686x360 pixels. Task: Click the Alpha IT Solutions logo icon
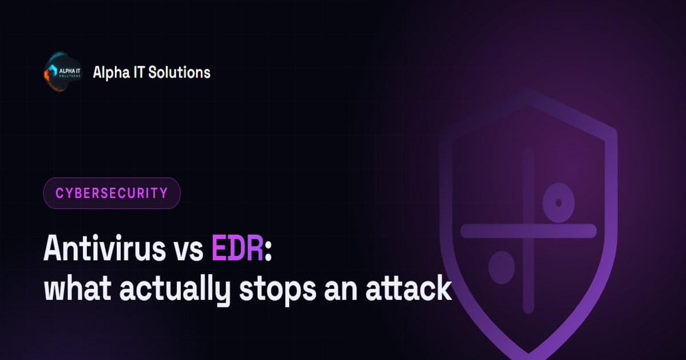pos(63,71)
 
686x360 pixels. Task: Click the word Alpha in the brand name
pos(107,73)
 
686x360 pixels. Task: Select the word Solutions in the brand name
pos(180,72)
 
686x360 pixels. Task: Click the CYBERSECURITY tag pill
pos(112,193)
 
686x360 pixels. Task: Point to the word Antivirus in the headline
pos(105,248)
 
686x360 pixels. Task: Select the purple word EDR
pos(237,248)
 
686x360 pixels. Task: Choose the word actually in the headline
pos(174,290)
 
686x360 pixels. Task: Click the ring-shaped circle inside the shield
pos(559,190)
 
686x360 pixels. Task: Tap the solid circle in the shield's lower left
pos(501,267)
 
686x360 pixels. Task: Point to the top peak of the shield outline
pos(528,97)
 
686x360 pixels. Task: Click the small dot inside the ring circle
pos(559,203)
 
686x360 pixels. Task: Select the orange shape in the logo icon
pos(47,76)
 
